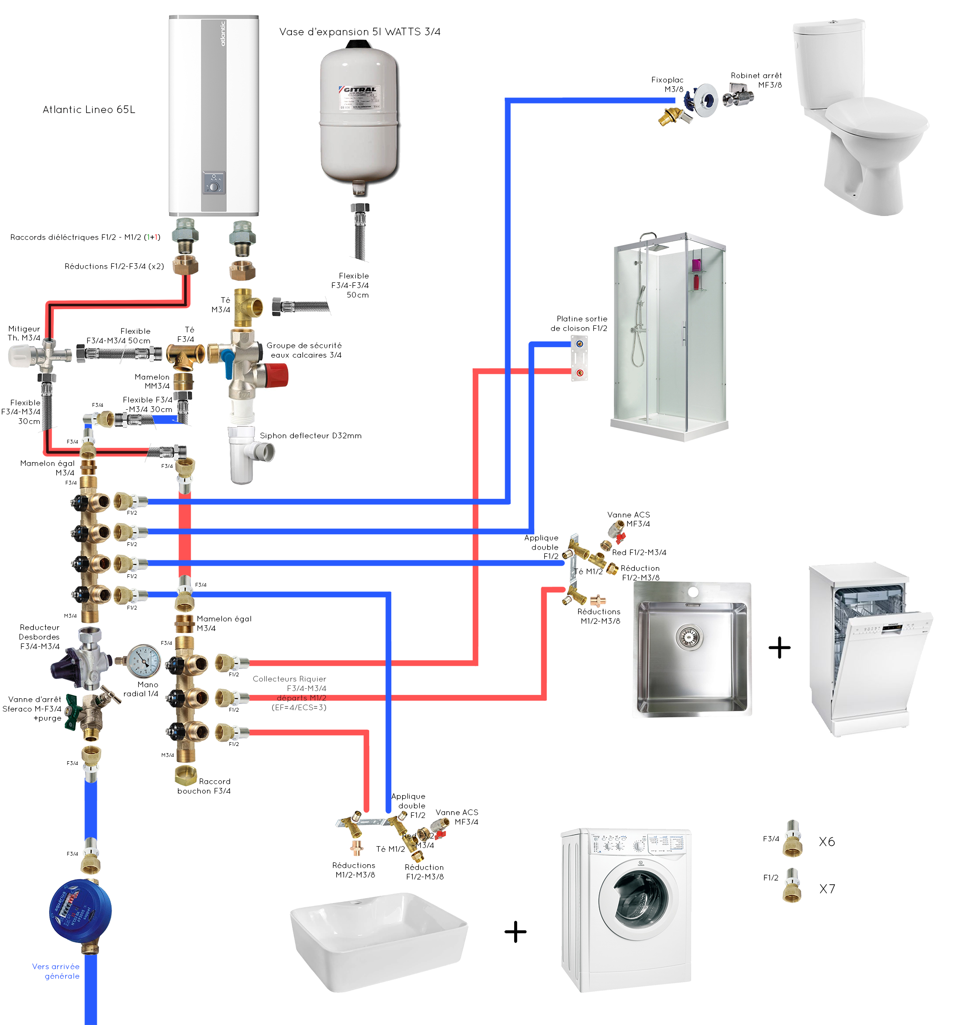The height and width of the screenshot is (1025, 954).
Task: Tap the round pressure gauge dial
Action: point(143,661)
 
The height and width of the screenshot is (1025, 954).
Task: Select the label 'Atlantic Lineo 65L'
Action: point(89,110)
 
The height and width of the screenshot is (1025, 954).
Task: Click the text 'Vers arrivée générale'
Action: point(56,971)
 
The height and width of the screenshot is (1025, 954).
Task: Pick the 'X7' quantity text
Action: point(827,889)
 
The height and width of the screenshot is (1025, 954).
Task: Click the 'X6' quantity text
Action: point(827,841)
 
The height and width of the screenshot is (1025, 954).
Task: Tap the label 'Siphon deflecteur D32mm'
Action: point(311,435)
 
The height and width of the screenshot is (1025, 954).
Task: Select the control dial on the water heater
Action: point(214,186)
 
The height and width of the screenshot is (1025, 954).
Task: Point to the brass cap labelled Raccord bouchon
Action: point(185,775)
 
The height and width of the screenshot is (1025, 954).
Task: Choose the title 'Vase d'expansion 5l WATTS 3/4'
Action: point(360,32)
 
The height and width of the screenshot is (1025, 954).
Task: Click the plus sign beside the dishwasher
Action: point(779,648)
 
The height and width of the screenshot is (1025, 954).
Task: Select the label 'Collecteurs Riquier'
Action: point(289,679)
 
